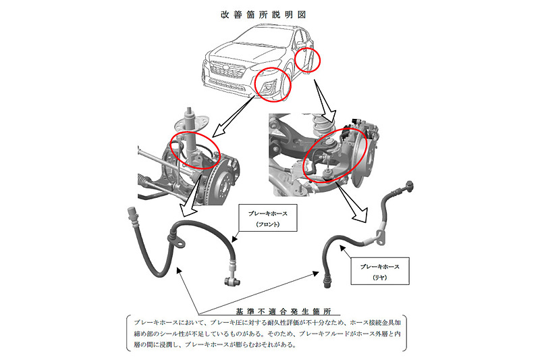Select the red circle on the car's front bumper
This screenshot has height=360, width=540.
click(273, 85)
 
